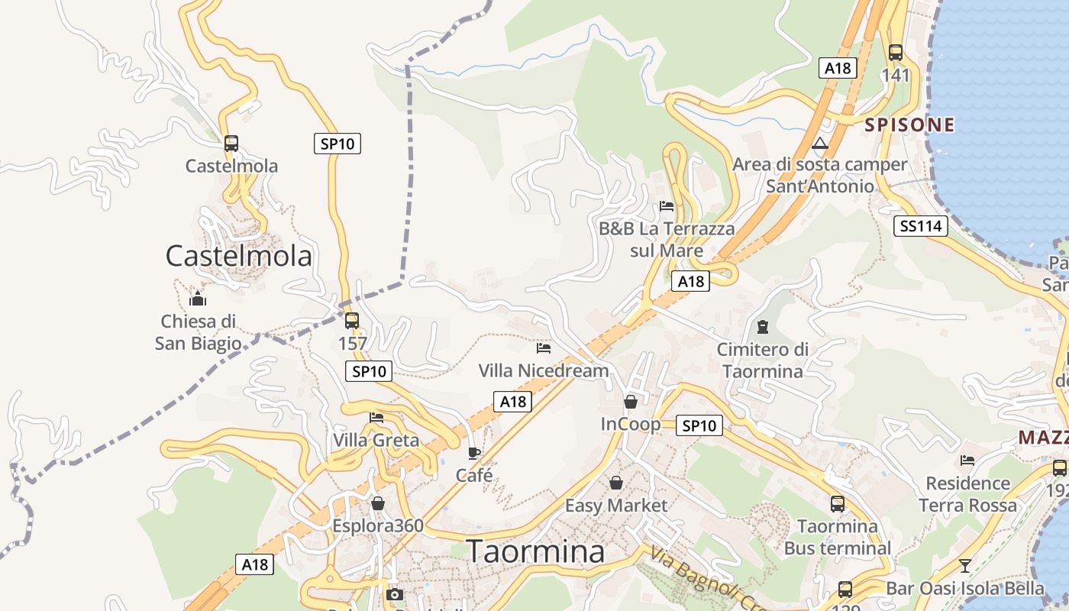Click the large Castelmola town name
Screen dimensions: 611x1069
238,256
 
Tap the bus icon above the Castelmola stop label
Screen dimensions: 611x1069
231,143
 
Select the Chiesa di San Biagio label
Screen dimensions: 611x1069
198,332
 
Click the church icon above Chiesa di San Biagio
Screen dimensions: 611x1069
198,298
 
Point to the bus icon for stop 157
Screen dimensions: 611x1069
351,321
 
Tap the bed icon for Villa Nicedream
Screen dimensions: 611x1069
544,348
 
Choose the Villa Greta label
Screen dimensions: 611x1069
376,441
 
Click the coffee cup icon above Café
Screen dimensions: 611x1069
474,453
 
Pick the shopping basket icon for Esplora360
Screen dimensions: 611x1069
377,503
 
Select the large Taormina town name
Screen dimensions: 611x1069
535,551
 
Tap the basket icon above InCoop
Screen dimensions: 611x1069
631,401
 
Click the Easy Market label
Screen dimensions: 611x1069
615,506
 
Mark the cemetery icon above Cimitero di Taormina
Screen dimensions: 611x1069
762,327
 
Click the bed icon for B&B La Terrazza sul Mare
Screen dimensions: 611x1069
667,205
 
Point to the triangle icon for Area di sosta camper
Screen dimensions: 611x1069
820,143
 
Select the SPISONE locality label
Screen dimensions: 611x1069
909,125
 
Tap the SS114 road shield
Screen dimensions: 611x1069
920,226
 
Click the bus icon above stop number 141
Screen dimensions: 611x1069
896,53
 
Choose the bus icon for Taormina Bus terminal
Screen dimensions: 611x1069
838,504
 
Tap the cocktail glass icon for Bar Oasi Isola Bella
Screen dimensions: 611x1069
965,566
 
